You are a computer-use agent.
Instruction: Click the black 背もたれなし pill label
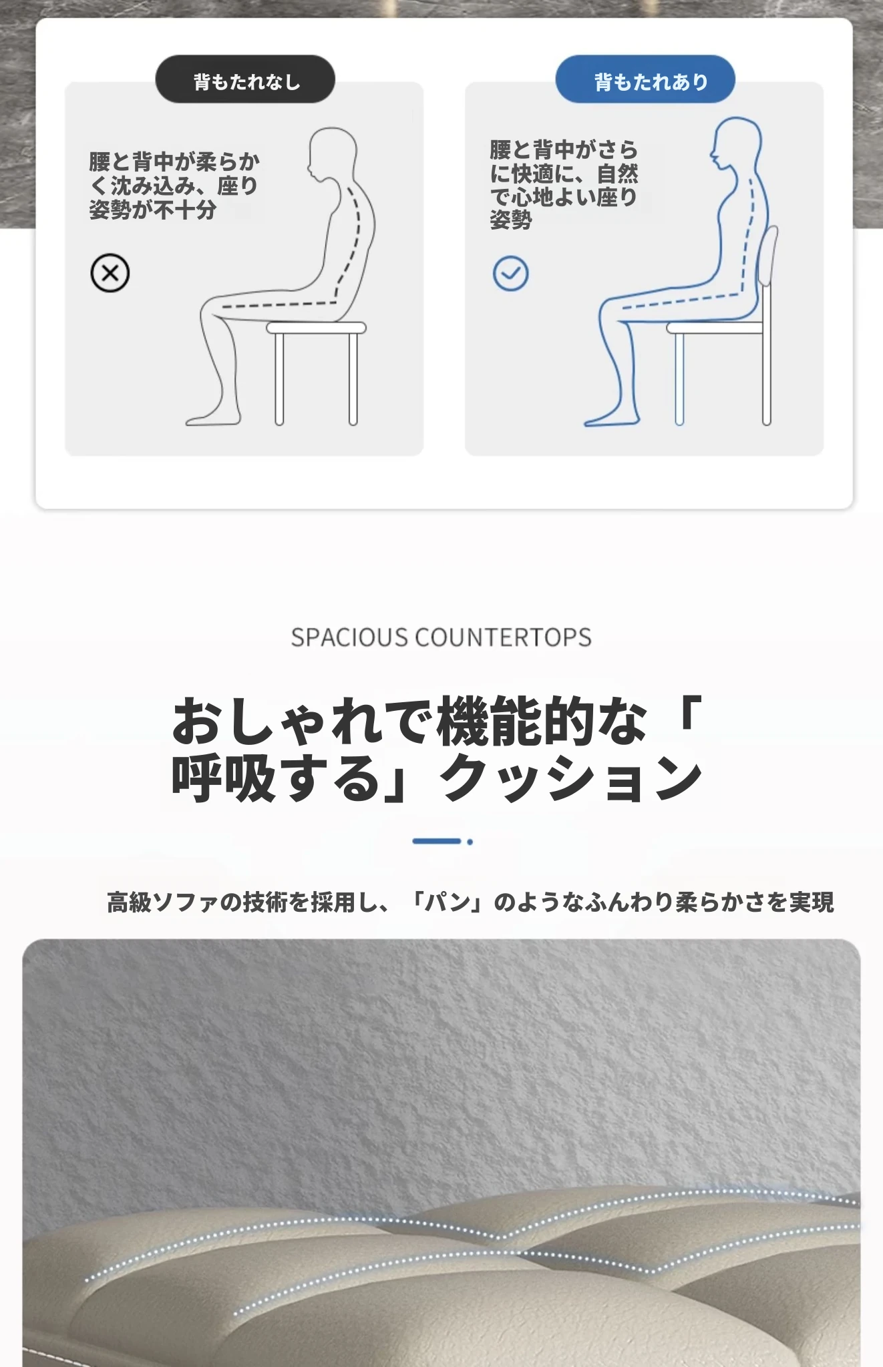245,79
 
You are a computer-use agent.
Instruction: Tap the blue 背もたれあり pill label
645,79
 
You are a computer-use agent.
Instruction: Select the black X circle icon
110,273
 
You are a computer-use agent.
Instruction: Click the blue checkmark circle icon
510,273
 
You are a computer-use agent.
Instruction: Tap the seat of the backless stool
317,328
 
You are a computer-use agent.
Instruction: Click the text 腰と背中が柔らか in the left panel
174,162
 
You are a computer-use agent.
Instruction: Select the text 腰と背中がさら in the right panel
564,150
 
